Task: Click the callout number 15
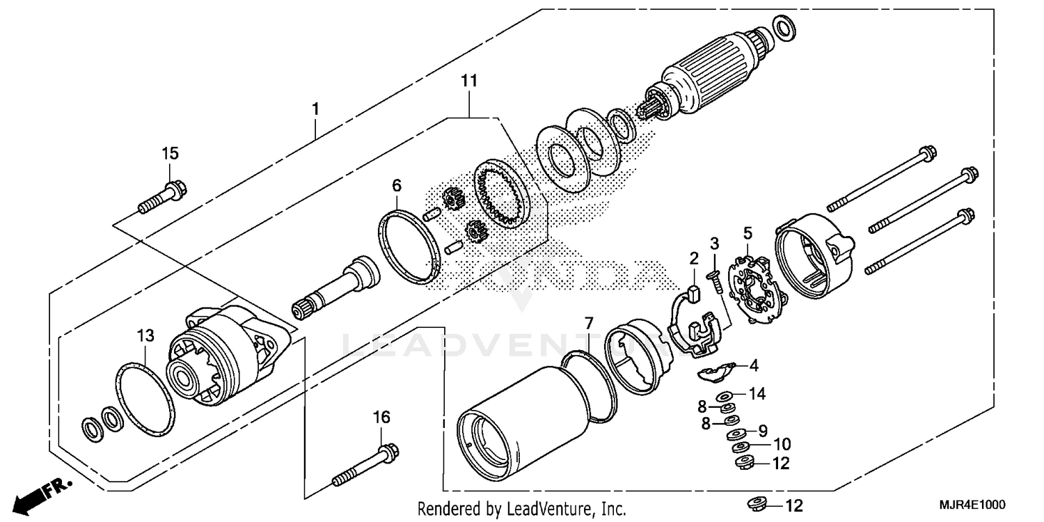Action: coord(171,153)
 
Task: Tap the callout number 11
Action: coord(469,81)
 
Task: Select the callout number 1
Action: coord(315,109)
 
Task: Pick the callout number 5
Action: coord(748,232)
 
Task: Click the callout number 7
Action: coord(589,323)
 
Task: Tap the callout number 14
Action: coord(757,394)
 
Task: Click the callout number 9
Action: coord(762,429)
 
